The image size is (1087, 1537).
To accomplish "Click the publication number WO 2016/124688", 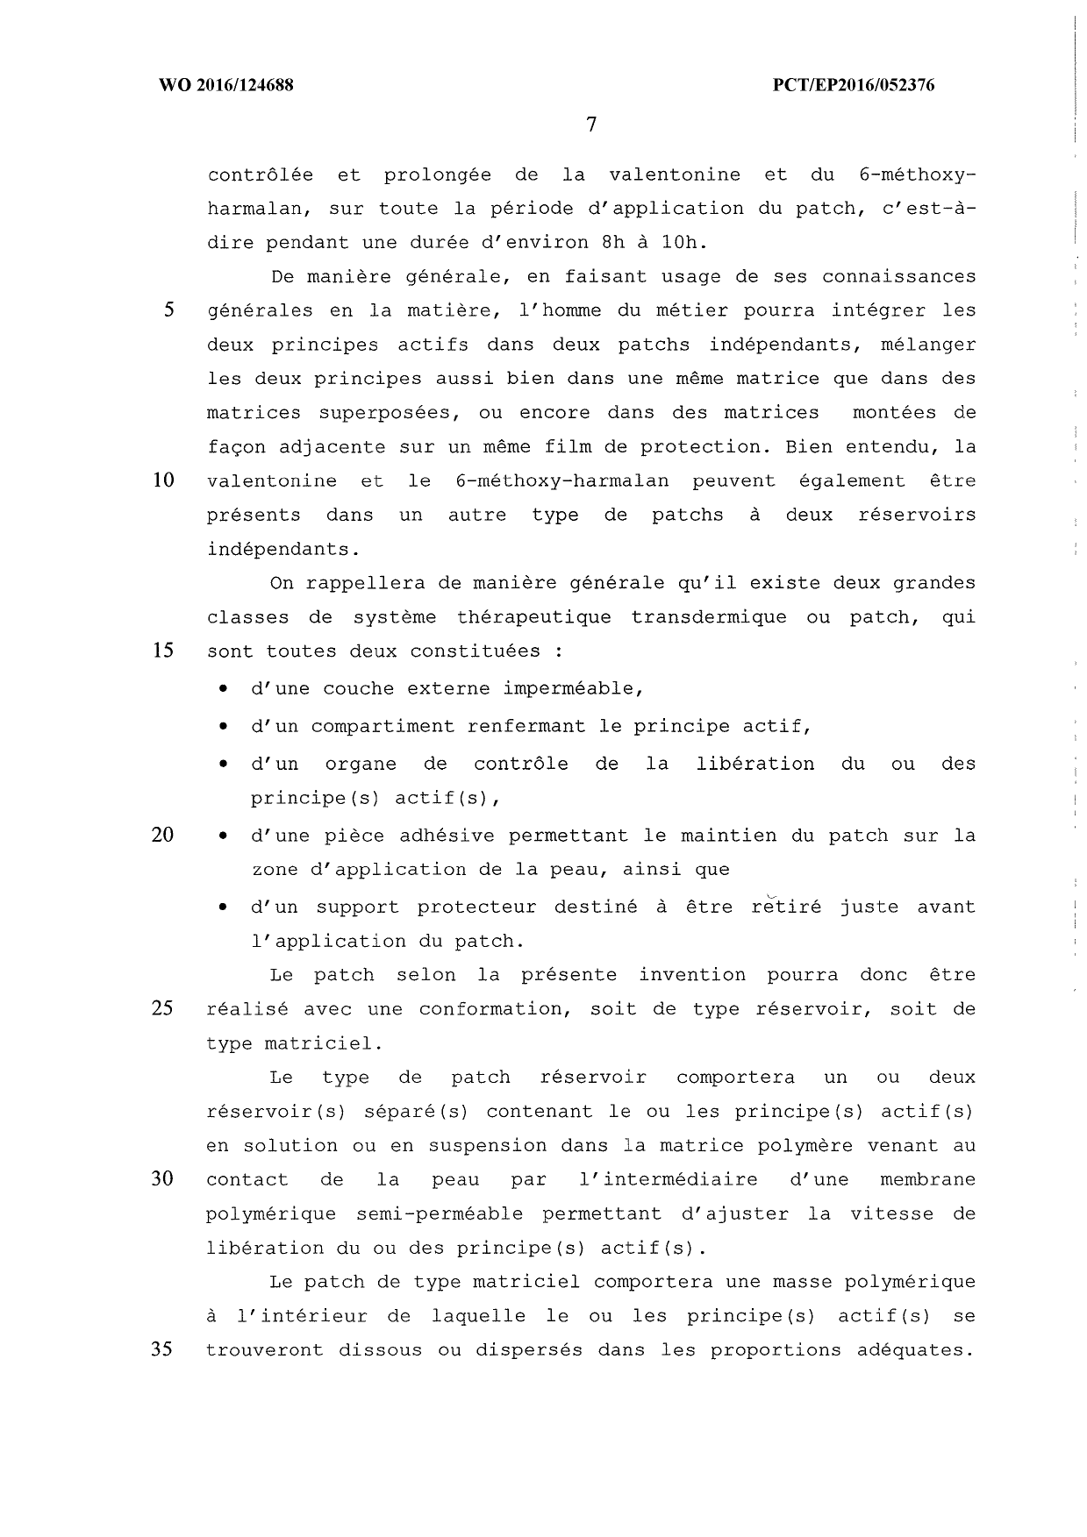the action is (x=225, y=85).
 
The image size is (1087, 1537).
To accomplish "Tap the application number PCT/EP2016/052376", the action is (x=854, y=85).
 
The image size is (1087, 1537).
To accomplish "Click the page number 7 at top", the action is (x=590, y=125).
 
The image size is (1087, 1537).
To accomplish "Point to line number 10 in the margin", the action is (x=163, y=480).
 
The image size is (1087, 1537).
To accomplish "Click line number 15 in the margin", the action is (x=163, y=651).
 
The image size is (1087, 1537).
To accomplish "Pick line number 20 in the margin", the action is (x=163, y=835).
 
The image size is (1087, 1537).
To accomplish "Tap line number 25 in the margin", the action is (x=163, y=1008).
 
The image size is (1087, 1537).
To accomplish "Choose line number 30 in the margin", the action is (x=163, y=1179).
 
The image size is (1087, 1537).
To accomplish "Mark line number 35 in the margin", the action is (x=163, y=1349).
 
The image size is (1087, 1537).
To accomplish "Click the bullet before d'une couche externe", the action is (x=225, y=690).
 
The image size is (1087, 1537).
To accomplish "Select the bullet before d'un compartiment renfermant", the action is (x=225, y=728).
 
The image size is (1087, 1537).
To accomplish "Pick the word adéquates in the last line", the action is (x=916, y=1350).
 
